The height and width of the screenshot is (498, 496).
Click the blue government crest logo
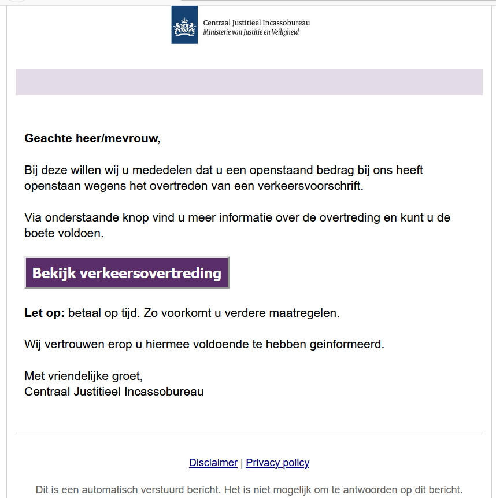(184, 25)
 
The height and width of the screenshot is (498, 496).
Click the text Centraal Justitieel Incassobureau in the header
(256, 23)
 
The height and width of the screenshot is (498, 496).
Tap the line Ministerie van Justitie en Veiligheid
(251, 32)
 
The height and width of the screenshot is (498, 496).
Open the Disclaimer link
(213, 463)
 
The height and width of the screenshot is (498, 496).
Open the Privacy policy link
(277, 463)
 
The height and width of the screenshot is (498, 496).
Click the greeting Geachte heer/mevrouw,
(92, 139)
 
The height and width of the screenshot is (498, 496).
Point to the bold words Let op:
(45, 313)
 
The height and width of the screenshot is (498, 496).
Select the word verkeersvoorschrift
(313, 186)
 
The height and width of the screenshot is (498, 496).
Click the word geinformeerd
(350, 345)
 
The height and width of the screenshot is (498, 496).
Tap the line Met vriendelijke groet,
(83, 377)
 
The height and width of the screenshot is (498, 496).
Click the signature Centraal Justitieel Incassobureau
(114, 392)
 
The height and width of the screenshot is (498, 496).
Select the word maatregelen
(306, 313)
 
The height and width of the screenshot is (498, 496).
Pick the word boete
(39, 234)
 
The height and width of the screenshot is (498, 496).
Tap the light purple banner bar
(249, 82)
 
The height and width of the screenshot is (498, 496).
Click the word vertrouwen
(67, 345)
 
